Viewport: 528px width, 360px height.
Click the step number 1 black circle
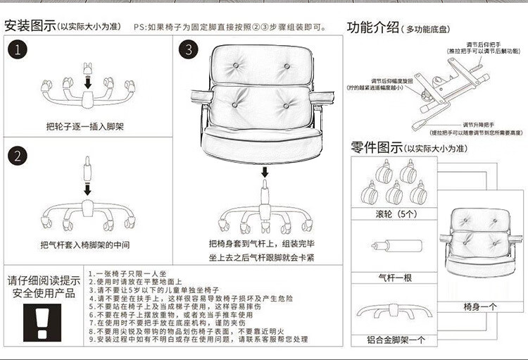coord(19,50)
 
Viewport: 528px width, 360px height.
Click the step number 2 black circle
coord(19,155)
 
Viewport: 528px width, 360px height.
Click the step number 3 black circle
coord(189,50)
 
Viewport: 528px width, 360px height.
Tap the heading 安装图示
coord(30,27)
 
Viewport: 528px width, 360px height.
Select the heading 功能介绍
coord(373,27)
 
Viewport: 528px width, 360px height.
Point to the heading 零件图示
coord(377,147)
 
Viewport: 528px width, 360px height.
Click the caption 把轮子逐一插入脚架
coord(85,127)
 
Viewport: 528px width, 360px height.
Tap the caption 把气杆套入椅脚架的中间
coord(85,245)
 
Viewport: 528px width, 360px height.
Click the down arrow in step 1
coord(87,84)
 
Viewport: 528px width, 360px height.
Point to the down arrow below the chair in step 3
coord(264,173)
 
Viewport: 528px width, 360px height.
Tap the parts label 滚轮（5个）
coord(396,213)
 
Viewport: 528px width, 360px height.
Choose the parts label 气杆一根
coord(395,277)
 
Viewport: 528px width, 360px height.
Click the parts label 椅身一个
coord(480,307)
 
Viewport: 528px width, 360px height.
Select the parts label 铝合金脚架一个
coord(395,340)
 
